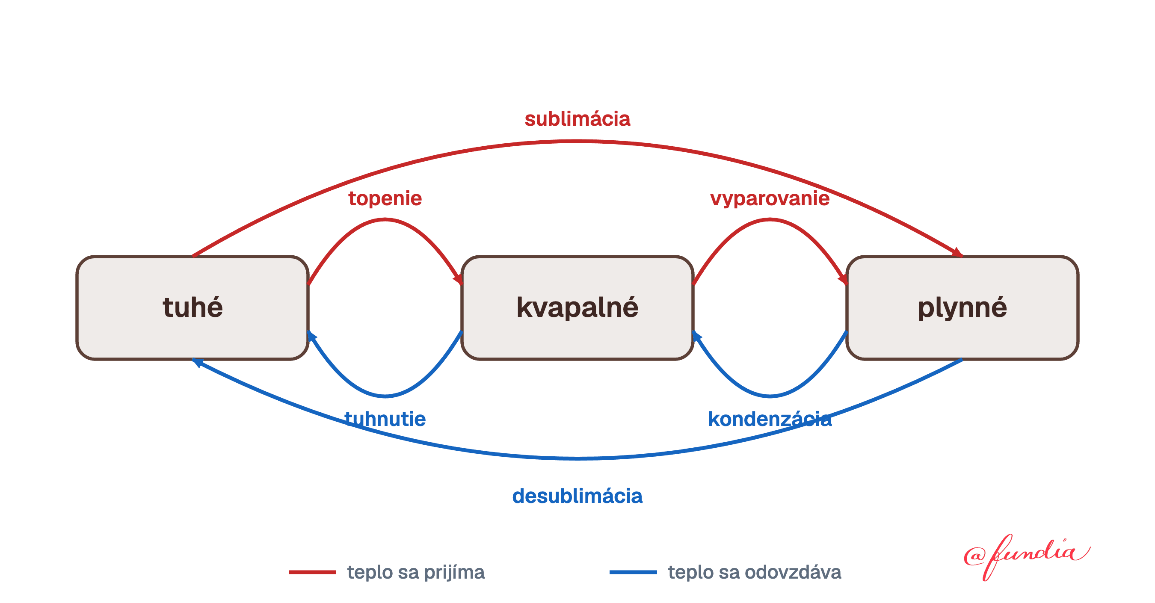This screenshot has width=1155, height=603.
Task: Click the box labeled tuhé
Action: [x=192, y=307]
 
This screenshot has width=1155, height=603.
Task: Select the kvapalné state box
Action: [x=577, y=307]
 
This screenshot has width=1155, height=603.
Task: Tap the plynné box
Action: [x=962, y=307]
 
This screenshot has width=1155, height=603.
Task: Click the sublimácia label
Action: [x=577, y=119]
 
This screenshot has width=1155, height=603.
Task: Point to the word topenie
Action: [x=385, y=198]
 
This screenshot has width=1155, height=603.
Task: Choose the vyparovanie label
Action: [x=770, y=198]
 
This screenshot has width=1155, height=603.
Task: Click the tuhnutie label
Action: [x=385, y=419]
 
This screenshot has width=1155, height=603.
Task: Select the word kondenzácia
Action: [x=770, y=419]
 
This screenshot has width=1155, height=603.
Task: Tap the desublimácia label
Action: [x=577, y=496]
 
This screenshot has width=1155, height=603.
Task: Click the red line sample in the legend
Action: [x=312, y=572]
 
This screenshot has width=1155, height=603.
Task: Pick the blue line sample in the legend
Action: [x=633, y=572]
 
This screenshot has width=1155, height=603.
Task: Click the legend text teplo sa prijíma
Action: [x=416, y=573]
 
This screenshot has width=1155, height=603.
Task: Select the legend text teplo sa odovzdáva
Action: [x=755, y=573]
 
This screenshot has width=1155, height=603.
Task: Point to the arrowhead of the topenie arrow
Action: [x=458, y=279]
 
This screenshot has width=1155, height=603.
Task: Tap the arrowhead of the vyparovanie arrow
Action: [x=843, y=279]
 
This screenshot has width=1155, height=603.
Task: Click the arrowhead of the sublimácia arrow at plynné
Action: [x=957, y=253]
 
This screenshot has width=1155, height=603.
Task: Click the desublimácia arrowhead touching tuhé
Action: [x=197, y=362]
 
